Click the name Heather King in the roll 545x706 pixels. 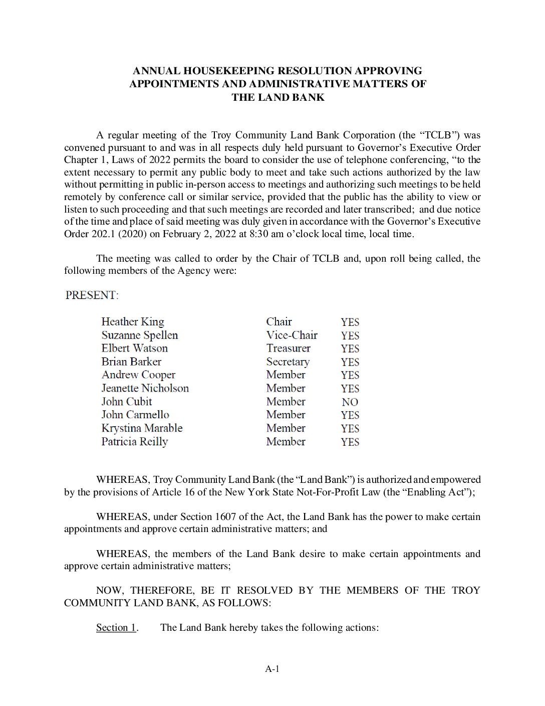[133, 322]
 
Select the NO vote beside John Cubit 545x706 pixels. [350, 402]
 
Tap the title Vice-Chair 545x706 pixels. [292, 335]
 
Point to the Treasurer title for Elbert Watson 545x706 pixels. [288, 348]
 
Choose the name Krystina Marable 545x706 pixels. [142, 428]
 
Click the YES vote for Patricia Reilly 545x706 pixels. [350, 442]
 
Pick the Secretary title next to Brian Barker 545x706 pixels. [288, 362]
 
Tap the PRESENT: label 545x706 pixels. [92, 295]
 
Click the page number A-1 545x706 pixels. [272, 668]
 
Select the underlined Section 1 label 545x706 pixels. [116, 628]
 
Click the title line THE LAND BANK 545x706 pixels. [278, 97]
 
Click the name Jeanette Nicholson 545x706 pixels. [145, 389]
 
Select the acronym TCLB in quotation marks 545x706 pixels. [439, 135]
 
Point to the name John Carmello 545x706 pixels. [135, 415]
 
